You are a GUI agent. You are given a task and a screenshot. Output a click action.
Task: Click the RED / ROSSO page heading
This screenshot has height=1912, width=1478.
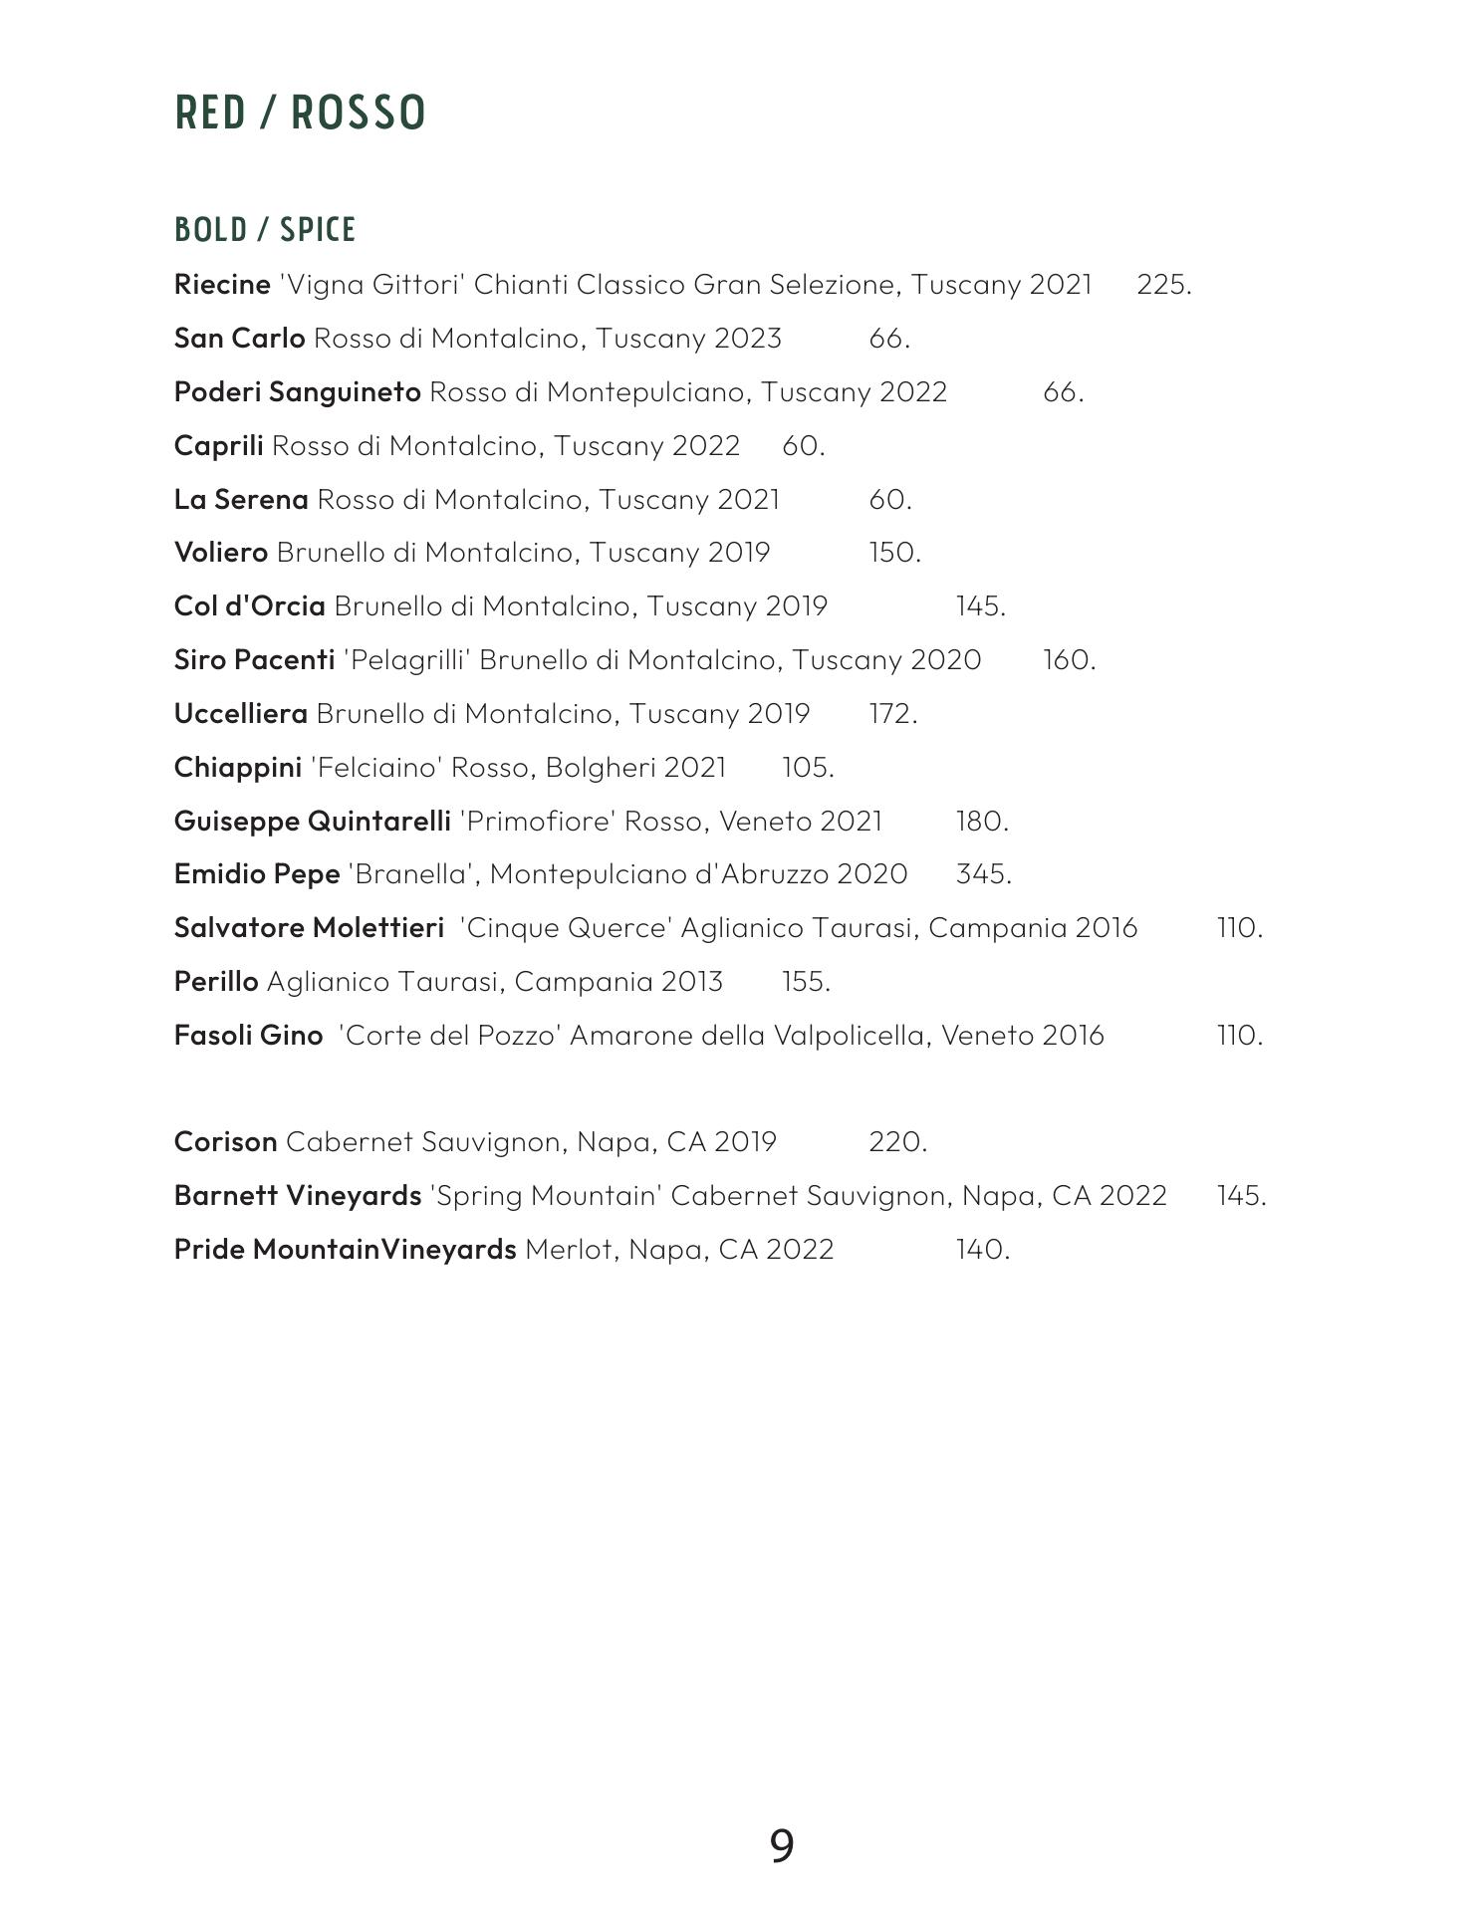pyautogui.click(x=300, y=113)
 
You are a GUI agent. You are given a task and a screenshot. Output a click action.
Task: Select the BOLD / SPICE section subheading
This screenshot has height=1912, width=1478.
pyautogui.click(x=265, y=230)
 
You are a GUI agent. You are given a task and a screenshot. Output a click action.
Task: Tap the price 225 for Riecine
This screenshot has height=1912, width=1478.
pyautogui.click(x=1163, y=285)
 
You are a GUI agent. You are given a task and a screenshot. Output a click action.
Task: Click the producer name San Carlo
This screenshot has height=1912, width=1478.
pyautogui.click(x=239, y=339)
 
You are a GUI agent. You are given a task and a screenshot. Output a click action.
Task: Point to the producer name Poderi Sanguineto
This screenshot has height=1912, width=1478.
pyautogui.click(x=297, y=392)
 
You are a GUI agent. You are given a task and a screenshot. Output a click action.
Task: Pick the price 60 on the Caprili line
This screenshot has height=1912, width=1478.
pyautogui.click(x=803, y=446)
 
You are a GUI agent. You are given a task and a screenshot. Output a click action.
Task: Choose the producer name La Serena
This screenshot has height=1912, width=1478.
pyautogui.click(x=241, y=500)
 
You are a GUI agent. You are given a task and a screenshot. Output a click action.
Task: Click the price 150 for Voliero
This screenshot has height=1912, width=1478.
pyautogui.click(x=894, y=553)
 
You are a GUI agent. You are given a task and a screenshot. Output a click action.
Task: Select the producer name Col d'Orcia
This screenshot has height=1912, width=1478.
pyautogui.click(x=249, y=606)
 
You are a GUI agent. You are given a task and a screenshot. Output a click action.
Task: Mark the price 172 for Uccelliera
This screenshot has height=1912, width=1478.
pyautogui.click(x=892, y=714)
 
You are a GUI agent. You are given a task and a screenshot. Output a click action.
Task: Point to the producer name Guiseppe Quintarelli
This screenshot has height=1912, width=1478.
pyautogui.click(x=312, y=822)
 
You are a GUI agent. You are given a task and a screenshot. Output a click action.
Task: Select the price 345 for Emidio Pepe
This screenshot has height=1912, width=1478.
pyautogui.click(x=983, y=874)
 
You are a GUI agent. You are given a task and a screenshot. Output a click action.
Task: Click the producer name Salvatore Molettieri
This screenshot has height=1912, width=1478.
pyautogui.click(x=309, y=928)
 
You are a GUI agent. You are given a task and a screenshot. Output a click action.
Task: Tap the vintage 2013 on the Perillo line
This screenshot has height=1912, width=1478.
pyautogui.click(x=691, y=982)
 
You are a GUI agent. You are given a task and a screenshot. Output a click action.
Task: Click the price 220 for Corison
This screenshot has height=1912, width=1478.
pyautogui.click(x=897, y=1142)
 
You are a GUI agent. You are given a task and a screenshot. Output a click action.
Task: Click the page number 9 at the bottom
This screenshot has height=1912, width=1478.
pyautogui.click(x=782, y=1846)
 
